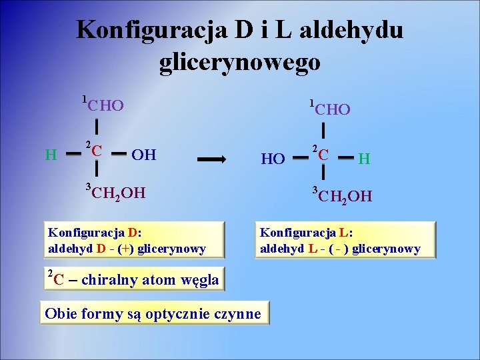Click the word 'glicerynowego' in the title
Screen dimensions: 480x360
coord(240,62)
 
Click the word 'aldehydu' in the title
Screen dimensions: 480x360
coord(352,30)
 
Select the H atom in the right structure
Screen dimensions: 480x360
coord(364,159)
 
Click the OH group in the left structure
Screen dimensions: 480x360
coord(144,155)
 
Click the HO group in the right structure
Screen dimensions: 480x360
coord(273,159)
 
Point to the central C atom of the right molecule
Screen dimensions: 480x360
coord(324,155)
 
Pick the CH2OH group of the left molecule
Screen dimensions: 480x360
coord(118,194)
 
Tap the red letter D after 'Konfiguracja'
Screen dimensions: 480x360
coord(132,233)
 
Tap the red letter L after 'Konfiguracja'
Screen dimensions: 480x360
coord(343,233)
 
